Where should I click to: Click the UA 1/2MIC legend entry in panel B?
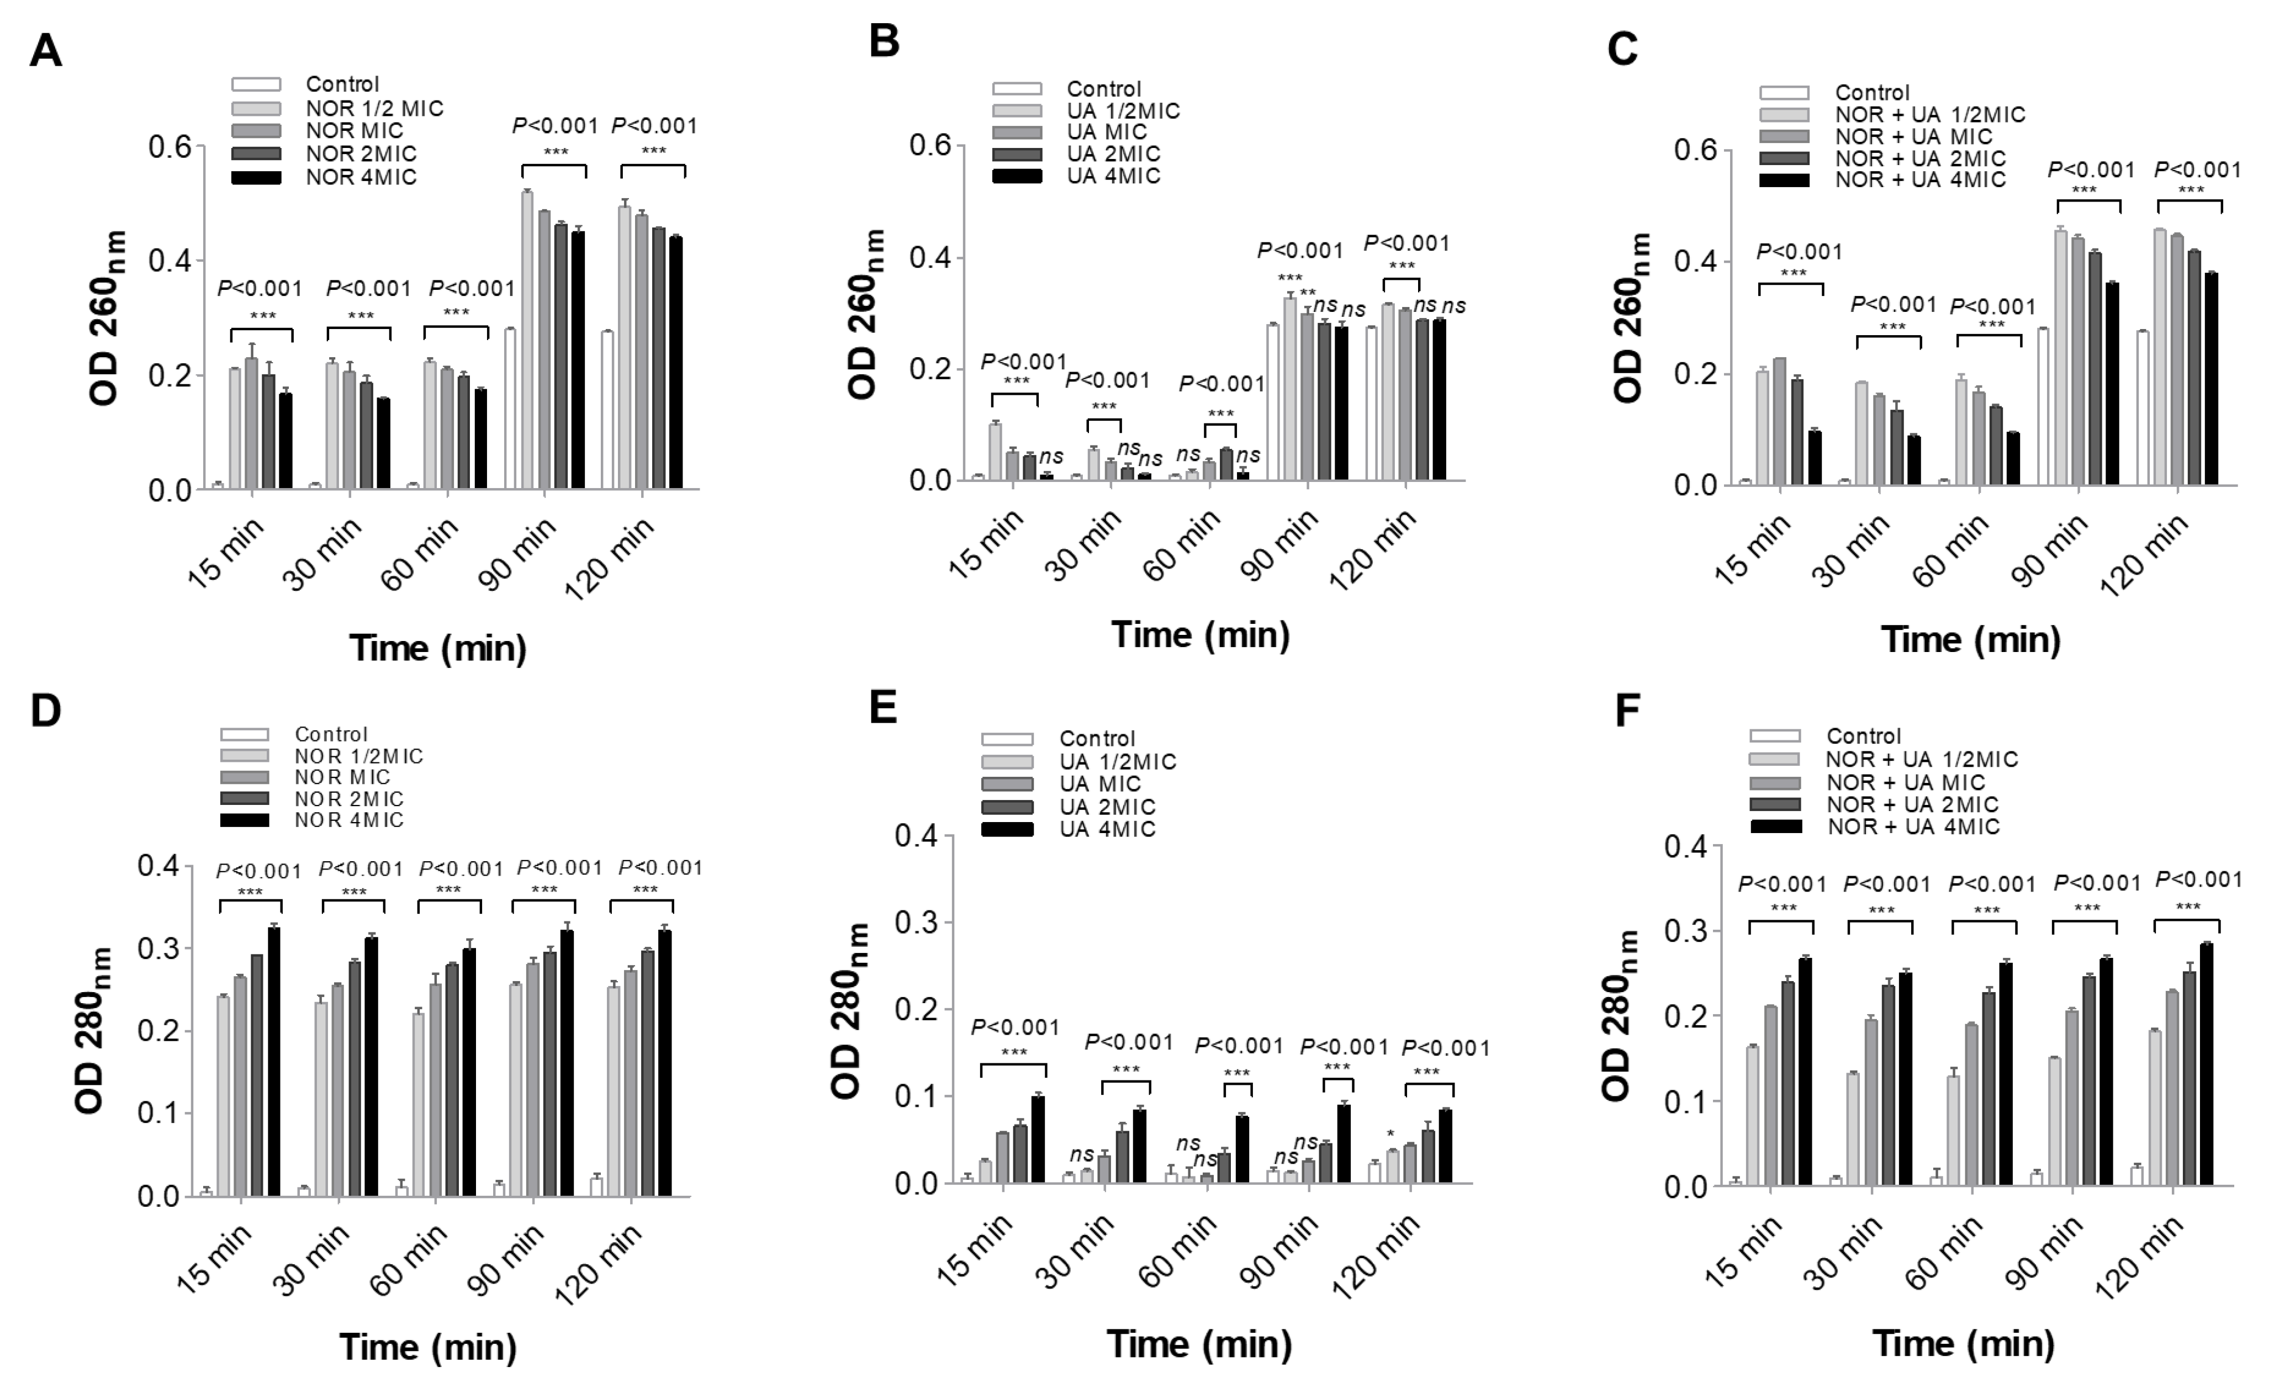[1122, 112]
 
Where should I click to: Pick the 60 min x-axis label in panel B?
[1183, 544]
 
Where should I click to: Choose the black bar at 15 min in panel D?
[274, 1062]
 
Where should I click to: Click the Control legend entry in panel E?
[1096, 738]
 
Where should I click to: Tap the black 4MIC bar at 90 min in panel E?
[1344, 1143]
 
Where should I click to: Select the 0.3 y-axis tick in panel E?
[916, 923]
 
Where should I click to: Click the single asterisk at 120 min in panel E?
[1390, 1135]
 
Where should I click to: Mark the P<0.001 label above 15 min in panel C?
[1799, 252]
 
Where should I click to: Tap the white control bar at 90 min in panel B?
[1273, 402]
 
